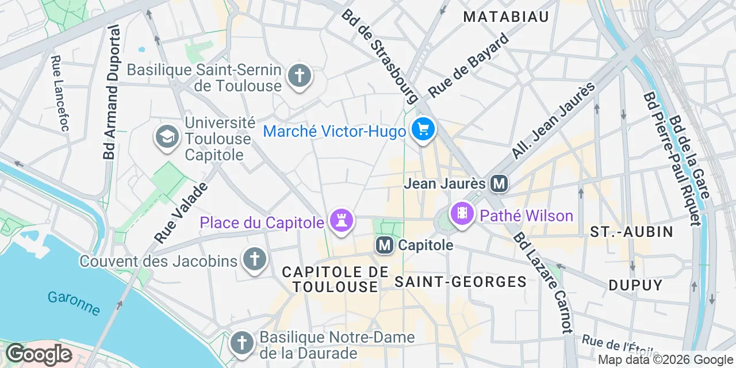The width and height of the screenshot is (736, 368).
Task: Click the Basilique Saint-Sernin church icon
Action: [x=299, y=76]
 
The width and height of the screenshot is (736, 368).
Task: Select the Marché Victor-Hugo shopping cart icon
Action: [x=424, y=129]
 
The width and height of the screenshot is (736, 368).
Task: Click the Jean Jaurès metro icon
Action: [x=499, y=183]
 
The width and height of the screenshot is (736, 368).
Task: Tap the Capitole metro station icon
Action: [x=385, y=246]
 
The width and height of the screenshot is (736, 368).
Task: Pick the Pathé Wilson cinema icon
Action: [x=462, y=214]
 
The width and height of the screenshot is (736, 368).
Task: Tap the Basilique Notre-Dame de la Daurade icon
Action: [x=241, y=343]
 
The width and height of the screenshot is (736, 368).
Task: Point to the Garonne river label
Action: [x=74, y=303]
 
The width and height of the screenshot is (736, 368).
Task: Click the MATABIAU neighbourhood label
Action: [x=506, y=17]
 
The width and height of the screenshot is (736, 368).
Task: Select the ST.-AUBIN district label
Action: [x=631, y=232]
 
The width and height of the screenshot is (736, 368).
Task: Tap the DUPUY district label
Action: [x=635, y=285]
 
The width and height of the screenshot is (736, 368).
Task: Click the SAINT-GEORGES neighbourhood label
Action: [x=461, y=282]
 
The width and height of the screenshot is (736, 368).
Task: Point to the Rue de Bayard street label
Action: [x=469, y=65]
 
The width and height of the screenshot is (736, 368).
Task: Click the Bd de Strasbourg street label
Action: [x=379, y=55]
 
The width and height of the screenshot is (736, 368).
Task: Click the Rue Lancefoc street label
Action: [x=59, y=93]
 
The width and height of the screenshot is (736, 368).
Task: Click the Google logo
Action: [x=39, y=354]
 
